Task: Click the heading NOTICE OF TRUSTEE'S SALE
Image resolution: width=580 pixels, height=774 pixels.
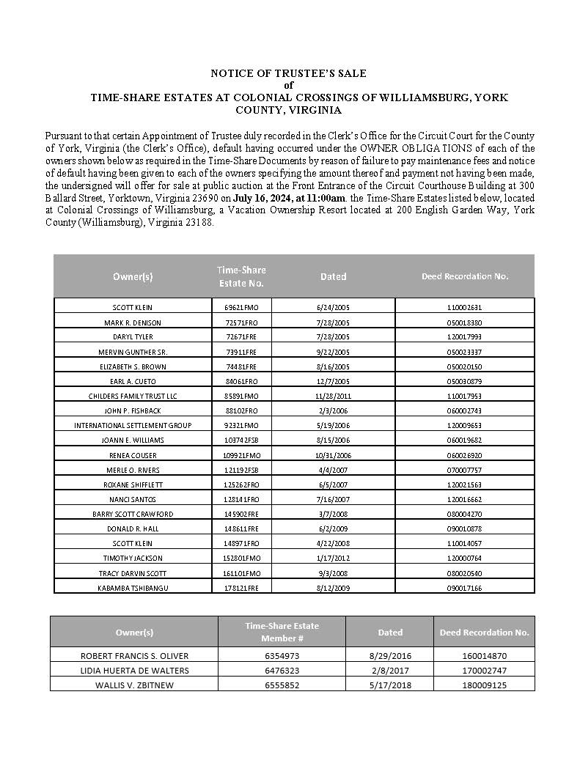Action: click(288, 73)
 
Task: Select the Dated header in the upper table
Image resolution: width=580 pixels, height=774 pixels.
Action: click(333, 276)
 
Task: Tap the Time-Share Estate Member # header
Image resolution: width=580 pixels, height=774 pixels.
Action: click(282, 632)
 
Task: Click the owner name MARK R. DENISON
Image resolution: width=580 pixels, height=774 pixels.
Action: click(133, 322)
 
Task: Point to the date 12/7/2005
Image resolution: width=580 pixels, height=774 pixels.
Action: click(333, 381)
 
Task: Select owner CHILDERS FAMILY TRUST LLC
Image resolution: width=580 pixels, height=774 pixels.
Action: click(133, 396)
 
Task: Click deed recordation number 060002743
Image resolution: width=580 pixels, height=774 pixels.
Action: click(464, 410)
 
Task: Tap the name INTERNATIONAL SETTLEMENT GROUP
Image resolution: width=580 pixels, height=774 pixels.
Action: click(133, 425)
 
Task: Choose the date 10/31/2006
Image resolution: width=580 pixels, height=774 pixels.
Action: click(333, 455)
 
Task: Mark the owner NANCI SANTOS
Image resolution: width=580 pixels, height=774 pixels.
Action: click(133, 499)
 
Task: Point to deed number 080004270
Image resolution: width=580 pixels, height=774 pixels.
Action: click(464, 514)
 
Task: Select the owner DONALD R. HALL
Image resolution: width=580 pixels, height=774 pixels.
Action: click(133, 528)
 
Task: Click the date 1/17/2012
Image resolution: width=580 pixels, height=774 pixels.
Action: click(333, 558)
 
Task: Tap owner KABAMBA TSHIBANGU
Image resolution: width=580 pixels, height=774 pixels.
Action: click(133, 588)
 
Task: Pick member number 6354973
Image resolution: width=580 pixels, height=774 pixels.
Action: click(282, 655)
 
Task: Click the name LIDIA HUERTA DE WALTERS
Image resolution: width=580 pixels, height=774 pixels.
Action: click(134, 670)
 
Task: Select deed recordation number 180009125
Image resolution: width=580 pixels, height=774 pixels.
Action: click(484, 685)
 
